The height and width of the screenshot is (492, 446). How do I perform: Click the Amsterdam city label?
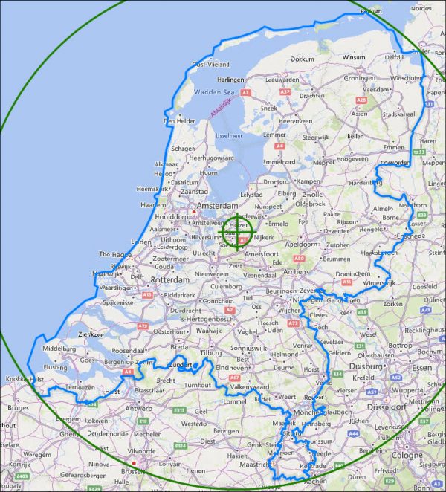tap(217, 205)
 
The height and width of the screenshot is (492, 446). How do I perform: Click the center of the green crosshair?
tap(238, 230)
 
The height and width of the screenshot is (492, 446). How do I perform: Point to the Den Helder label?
tap(179, 121)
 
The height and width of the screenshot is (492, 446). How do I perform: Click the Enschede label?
tap(410, 236)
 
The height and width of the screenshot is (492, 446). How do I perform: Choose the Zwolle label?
tap(313, 194)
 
